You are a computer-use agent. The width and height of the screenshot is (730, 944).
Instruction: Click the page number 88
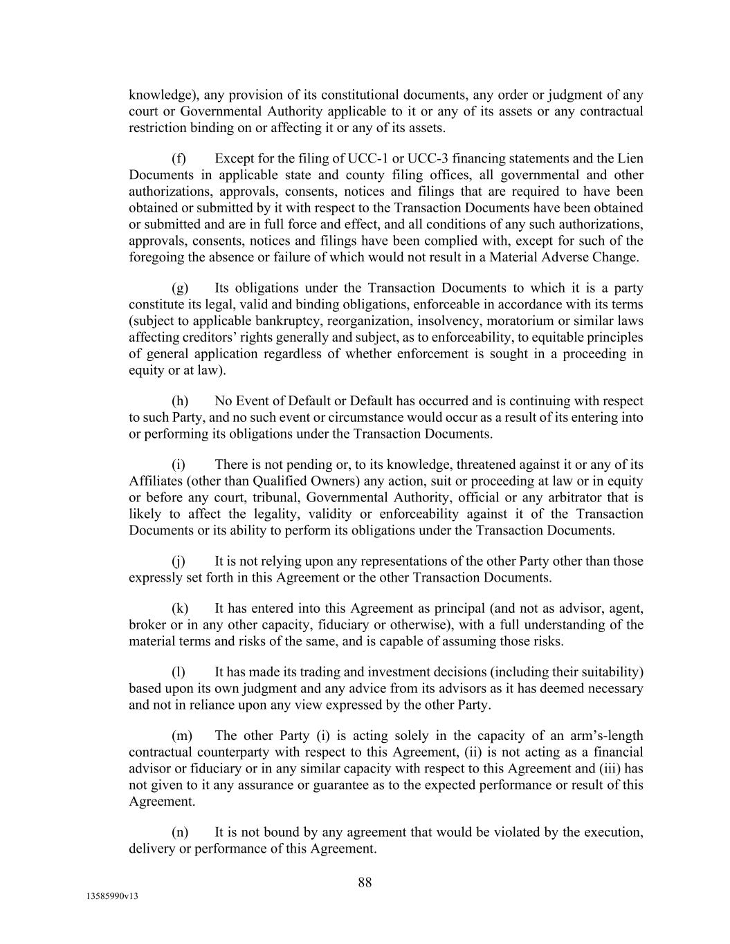click(365, 882)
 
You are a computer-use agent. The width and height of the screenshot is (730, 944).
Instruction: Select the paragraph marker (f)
click(179, 158)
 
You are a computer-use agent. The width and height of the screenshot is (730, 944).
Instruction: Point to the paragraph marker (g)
click(180, 288)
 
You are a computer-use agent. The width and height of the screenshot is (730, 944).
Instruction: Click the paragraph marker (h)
click(180, 401)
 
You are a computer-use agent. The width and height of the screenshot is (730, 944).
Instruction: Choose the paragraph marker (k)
click(180, 609)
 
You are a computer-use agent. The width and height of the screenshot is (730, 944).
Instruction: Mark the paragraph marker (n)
click(180, 832)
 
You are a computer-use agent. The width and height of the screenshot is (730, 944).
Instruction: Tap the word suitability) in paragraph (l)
click(609, 672)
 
